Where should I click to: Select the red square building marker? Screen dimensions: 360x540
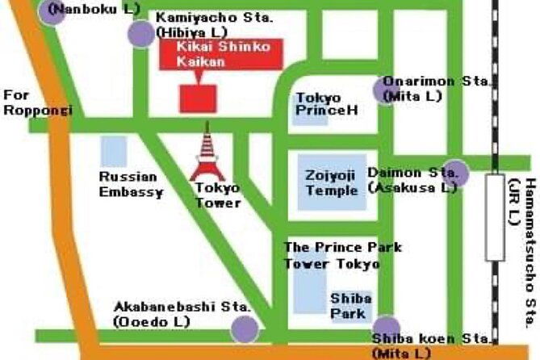pos(198,98)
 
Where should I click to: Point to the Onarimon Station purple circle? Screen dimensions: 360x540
pos(385,90)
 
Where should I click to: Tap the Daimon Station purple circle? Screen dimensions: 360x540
pos(455,172)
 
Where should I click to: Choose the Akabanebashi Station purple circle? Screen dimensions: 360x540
pos(244,329)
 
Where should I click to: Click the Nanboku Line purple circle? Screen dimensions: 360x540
pos(51,11)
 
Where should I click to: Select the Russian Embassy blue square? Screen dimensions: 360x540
pos(114,151)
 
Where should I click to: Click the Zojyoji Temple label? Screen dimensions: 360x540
pos(332,182)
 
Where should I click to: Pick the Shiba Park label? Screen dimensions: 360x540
pos(350,306)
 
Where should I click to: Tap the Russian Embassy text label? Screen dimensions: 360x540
pos(131,184)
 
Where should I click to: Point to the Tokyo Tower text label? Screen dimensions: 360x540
pos(218,195)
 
